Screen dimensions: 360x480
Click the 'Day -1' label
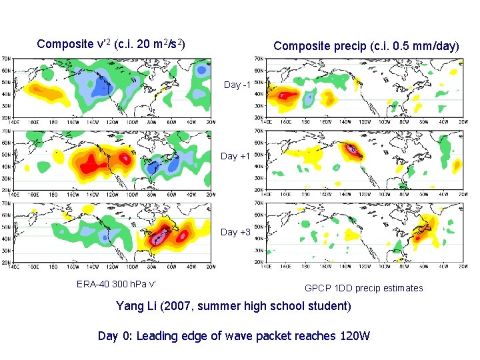pyautogui.click(x=237, y=85)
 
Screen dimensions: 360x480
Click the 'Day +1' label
pyautogui.click(x=237, y=156)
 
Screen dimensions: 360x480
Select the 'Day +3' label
pyautogui.click(x=237, y=232)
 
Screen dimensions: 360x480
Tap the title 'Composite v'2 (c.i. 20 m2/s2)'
pyautogui.click(x=111, y=44)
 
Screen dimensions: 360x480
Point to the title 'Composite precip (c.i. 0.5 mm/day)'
pyautogui.click(x=366, y=46)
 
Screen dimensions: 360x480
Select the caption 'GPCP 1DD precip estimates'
pyautogui.click(x=363, y=288)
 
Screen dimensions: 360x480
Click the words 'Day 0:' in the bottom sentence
pyautogui.click(x=115, y=336)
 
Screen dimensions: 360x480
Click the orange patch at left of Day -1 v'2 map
pyautogui.click(x=40, y=91)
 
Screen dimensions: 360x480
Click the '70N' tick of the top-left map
pyautogui.click(x=5, y=59)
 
